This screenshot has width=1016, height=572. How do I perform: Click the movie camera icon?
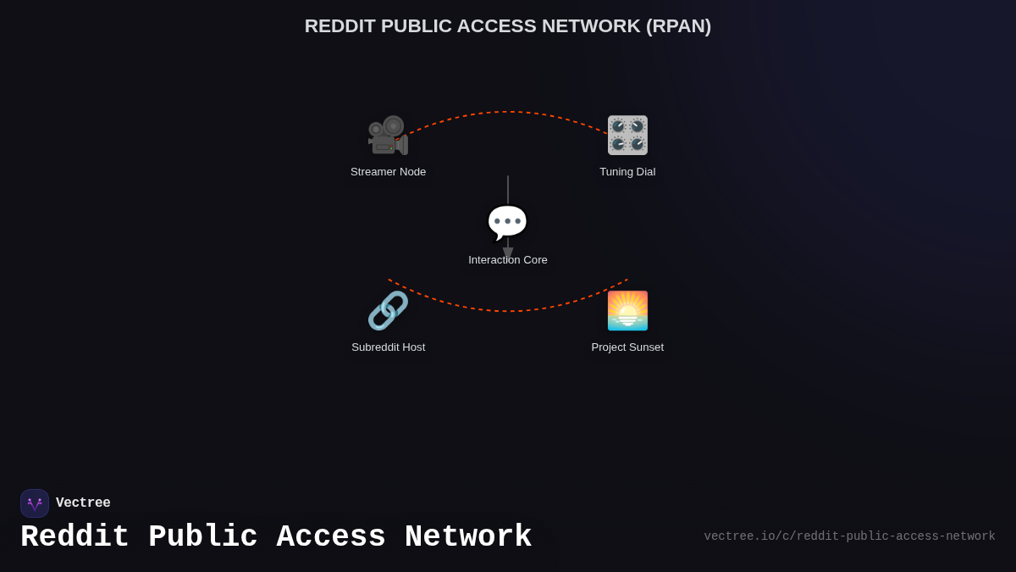tap(388, 136)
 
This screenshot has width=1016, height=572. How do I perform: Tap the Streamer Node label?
tap(388, 172)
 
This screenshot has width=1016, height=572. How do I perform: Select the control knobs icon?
tap(627, 136)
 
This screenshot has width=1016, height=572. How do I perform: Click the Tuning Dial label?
tap(627, 172)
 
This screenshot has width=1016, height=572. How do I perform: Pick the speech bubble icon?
tap(507, 223)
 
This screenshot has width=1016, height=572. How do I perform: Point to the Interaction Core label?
tap(508, 260)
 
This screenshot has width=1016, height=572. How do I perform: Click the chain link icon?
tap(388, 311)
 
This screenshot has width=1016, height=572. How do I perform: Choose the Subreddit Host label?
tap(388, 347)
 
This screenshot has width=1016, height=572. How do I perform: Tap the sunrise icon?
tap(627, 311)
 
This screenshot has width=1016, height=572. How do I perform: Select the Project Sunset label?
tap(627, 347)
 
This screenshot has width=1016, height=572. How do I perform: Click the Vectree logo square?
tap(35, 503)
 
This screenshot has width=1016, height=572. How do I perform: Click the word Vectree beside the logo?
tap(83, 503)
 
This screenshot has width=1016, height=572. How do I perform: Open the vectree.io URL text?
tap(849, 536)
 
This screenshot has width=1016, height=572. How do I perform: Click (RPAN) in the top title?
tap(678, 26)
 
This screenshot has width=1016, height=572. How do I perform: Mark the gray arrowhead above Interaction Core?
tap(508, 253)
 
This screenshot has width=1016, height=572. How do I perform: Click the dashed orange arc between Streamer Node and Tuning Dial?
tap(508, 112)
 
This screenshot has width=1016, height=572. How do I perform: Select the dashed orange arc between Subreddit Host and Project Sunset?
tap(508, 311)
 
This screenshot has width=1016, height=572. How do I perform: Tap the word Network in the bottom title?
tap(468, 537)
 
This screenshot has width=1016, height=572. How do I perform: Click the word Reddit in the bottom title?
tap(75, 537)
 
